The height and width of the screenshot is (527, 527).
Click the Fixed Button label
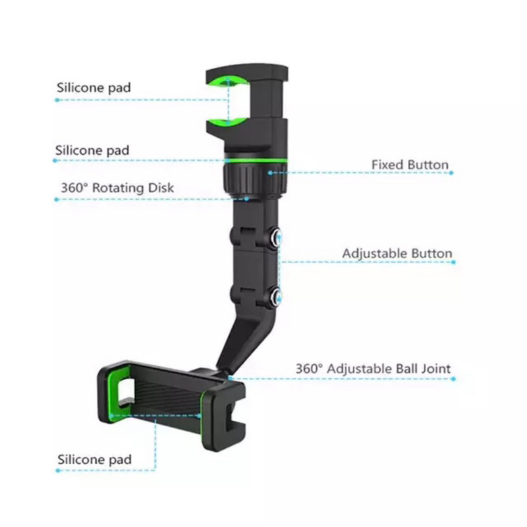410,165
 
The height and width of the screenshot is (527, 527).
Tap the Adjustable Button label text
397,254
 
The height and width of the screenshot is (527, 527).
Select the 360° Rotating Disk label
117,188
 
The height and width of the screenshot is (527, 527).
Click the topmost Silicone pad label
94,88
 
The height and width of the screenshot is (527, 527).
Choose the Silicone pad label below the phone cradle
94,459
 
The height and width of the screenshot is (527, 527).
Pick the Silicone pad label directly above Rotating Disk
92,150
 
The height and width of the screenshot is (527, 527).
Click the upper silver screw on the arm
277,237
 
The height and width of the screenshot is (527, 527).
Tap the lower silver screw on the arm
277,295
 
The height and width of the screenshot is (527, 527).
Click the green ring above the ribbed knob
256,161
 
